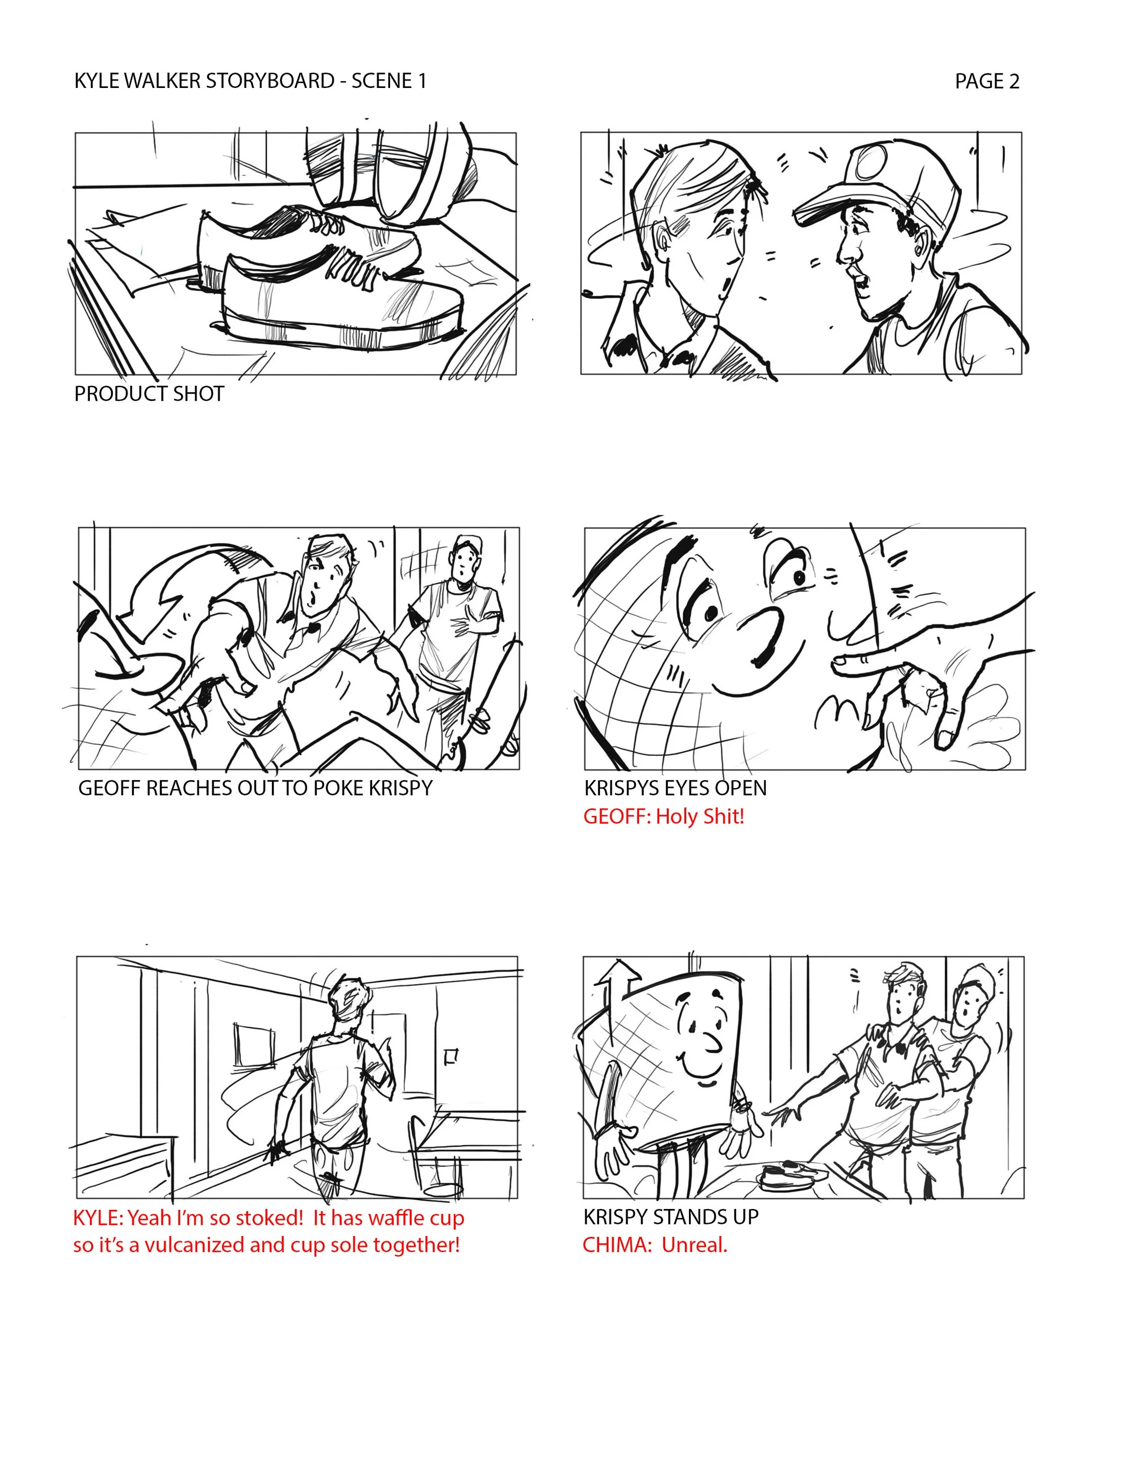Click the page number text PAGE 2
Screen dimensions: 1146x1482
click(987, 82)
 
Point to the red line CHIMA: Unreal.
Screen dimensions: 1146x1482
click(655, 1245)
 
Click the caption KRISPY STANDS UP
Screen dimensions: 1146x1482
click(671, 1217)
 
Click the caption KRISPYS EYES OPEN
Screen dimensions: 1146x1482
click(676, 788)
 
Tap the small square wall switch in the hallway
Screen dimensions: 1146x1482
click(450, 1056)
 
